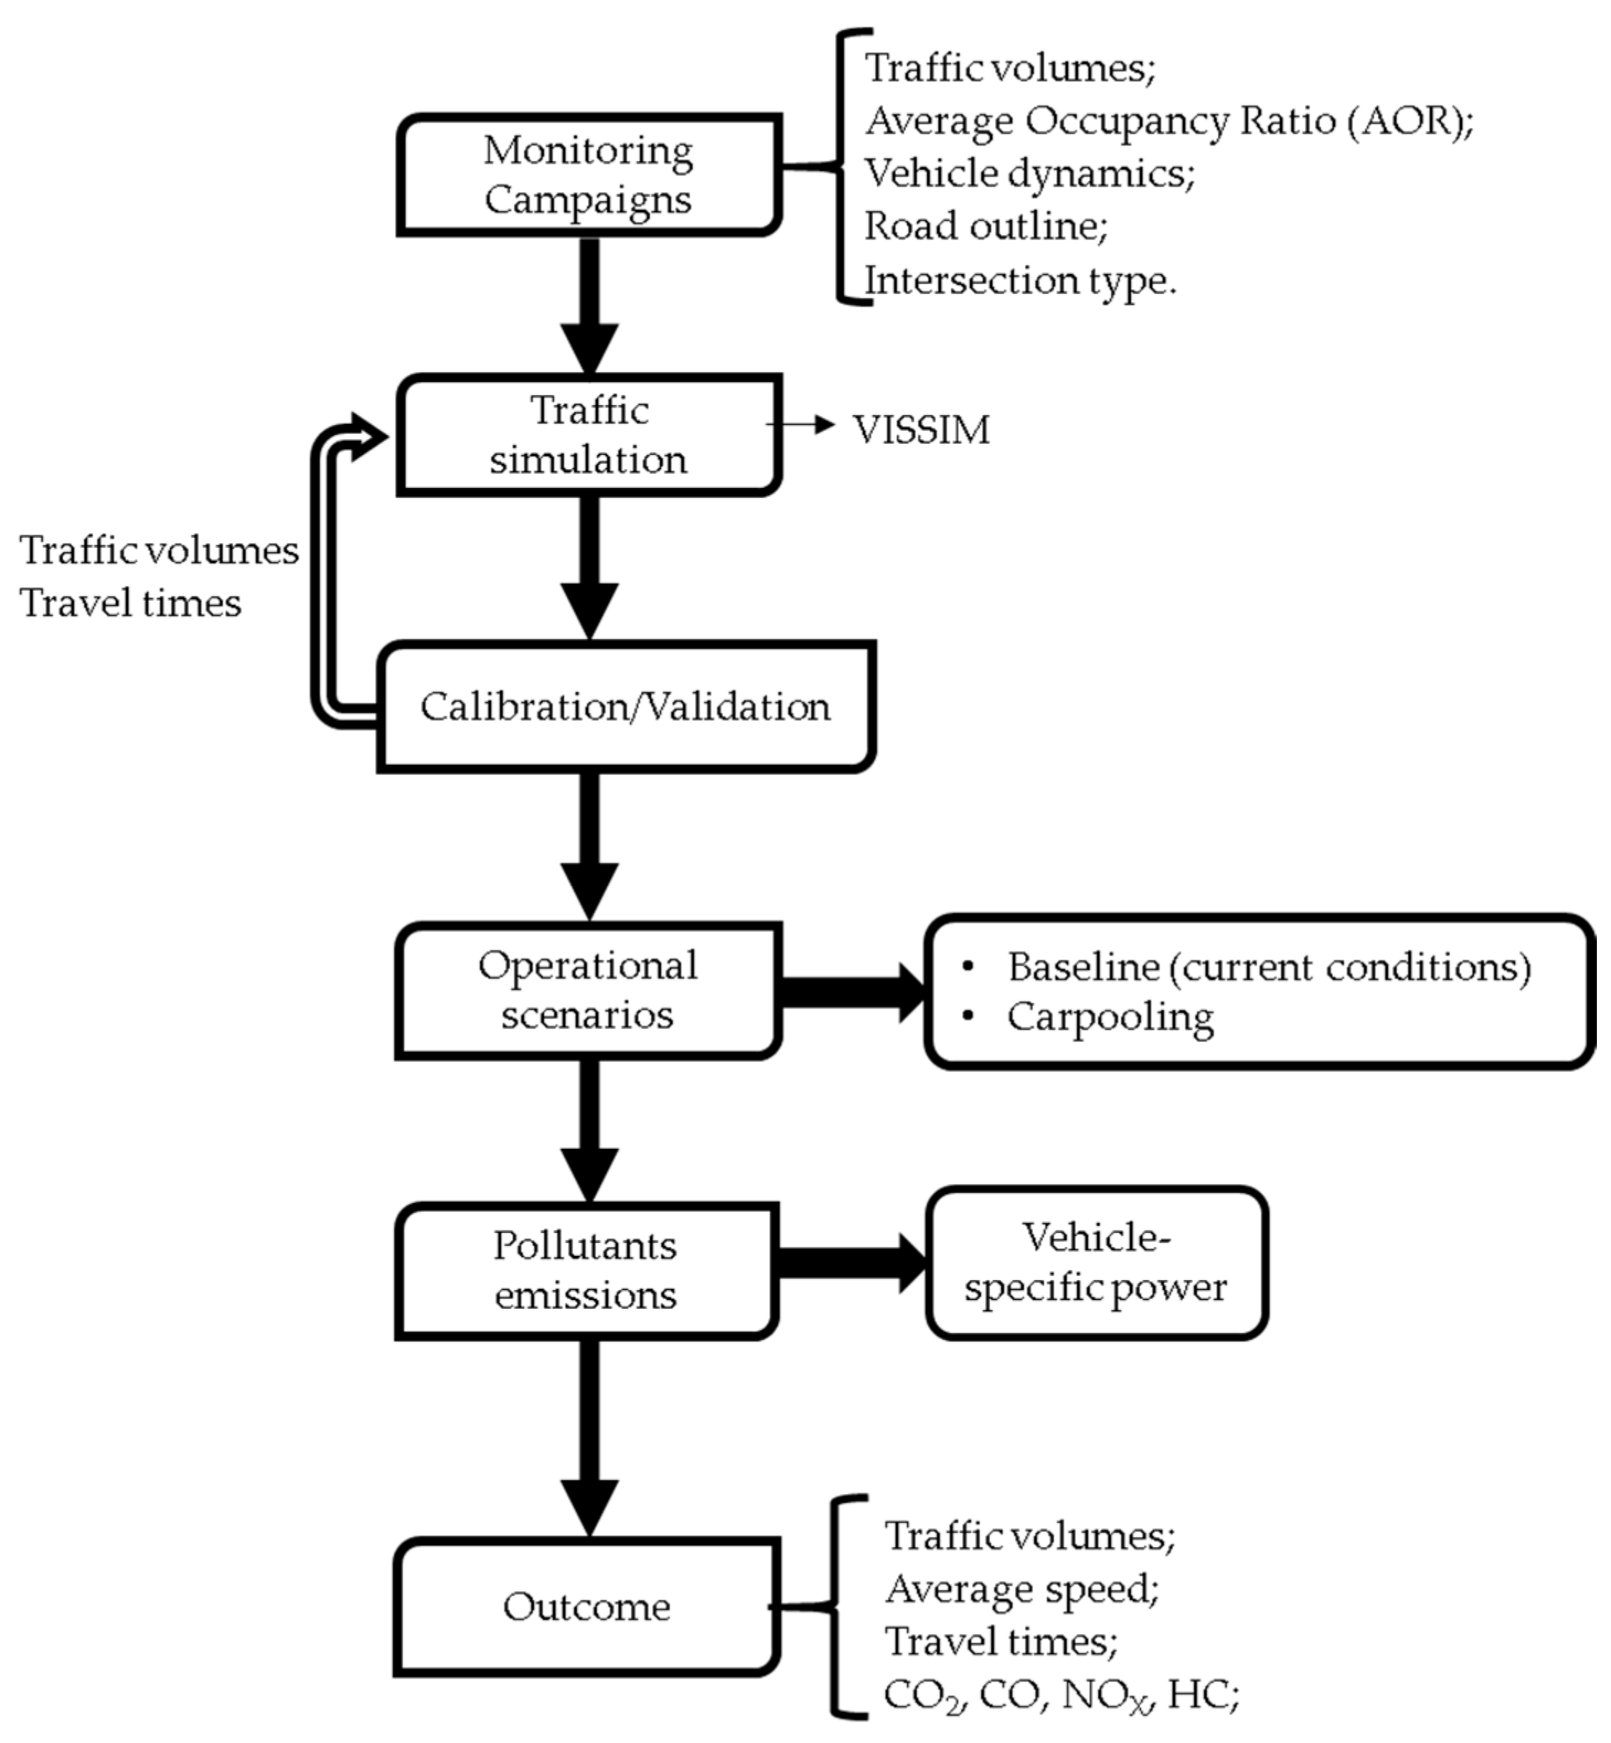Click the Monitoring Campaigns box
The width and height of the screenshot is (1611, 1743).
point(588,175)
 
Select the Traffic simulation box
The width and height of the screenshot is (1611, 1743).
point(588,435)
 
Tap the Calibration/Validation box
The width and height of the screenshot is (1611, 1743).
point(625,707)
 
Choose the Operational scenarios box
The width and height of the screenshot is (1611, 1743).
point(588,991)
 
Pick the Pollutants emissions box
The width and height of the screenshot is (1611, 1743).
point(585,1270)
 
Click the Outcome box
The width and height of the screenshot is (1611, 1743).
point(586,1607)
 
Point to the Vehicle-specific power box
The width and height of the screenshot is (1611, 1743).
point(1096,1263)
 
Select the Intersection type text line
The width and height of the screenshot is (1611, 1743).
point(1020,281)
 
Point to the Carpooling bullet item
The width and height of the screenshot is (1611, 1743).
point(1110,1017)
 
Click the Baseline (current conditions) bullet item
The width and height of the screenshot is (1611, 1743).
point(1268,967)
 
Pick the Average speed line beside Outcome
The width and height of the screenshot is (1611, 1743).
point(1022,1590)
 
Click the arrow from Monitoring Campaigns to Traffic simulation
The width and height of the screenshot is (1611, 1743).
point(589,305)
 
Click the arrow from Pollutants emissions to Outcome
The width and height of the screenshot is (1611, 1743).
point(589,1438)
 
